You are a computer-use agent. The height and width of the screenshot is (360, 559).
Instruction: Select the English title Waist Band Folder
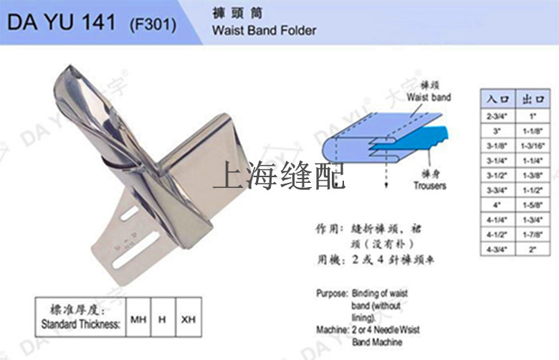pos(264,31)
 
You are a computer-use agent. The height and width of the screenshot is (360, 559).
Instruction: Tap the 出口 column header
pos(533,99)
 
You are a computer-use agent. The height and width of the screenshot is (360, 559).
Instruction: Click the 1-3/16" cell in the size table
pos(533,146)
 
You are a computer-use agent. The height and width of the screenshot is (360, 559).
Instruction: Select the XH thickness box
pos(188,318)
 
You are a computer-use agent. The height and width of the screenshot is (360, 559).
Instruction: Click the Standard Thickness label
pos(80,324)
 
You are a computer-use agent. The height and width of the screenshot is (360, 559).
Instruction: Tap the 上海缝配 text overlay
pos(279,175)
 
